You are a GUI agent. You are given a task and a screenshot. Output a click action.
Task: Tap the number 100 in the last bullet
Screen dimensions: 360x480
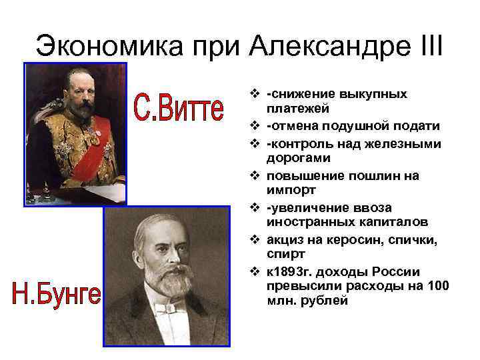(438, 286)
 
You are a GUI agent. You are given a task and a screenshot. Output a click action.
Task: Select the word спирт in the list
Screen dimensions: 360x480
(283, 254)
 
